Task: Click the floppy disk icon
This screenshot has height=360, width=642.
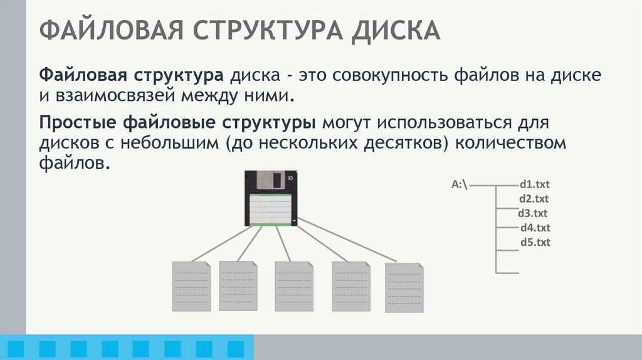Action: tap(271, 198)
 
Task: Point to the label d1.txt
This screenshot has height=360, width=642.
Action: tap(534, 185)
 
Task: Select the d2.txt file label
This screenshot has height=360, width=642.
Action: tap(534, 199)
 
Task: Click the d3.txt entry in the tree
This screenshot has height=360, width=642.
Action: tap(533, 214)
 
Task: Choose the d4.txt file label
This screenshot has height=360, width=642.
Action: tap(535, 228)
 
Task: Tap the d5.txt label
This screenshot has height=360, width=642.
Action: tap(535, 242)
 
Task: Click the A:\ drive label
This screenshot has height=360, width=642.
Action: tap(460, 185)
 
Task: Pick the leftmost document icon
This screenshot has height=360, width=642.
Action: tap(191, 286)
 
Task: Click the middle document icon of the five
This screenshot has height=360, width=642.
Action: tap(294, 286)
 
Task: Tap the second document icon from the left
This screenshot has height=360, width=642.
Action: tap(238, 285)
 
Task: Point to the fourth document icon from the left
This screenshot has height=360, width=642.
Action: tap(351, 286)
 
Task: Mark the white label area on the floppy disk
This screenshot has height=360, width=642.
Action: tap(271, 210)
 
